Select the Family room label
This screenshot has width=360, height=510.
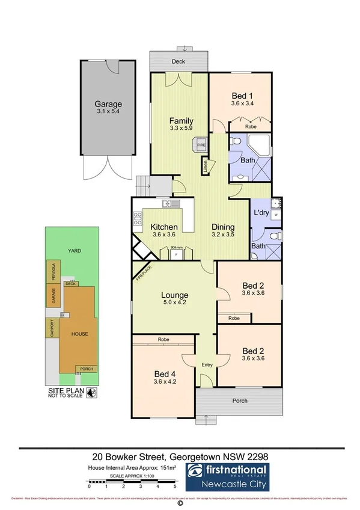pos(180,124)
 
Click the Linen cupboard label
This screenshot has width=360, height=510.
pos(206,167)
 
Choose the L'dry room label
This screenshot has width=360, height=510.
pos(261,214)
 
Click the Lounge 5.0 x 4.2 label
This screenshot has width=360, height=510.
pos(174,300)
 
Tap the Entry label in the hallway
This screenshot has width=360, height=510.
pos(207,364)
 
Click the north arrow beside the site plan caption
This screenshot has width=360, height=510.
pos(91,393)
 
